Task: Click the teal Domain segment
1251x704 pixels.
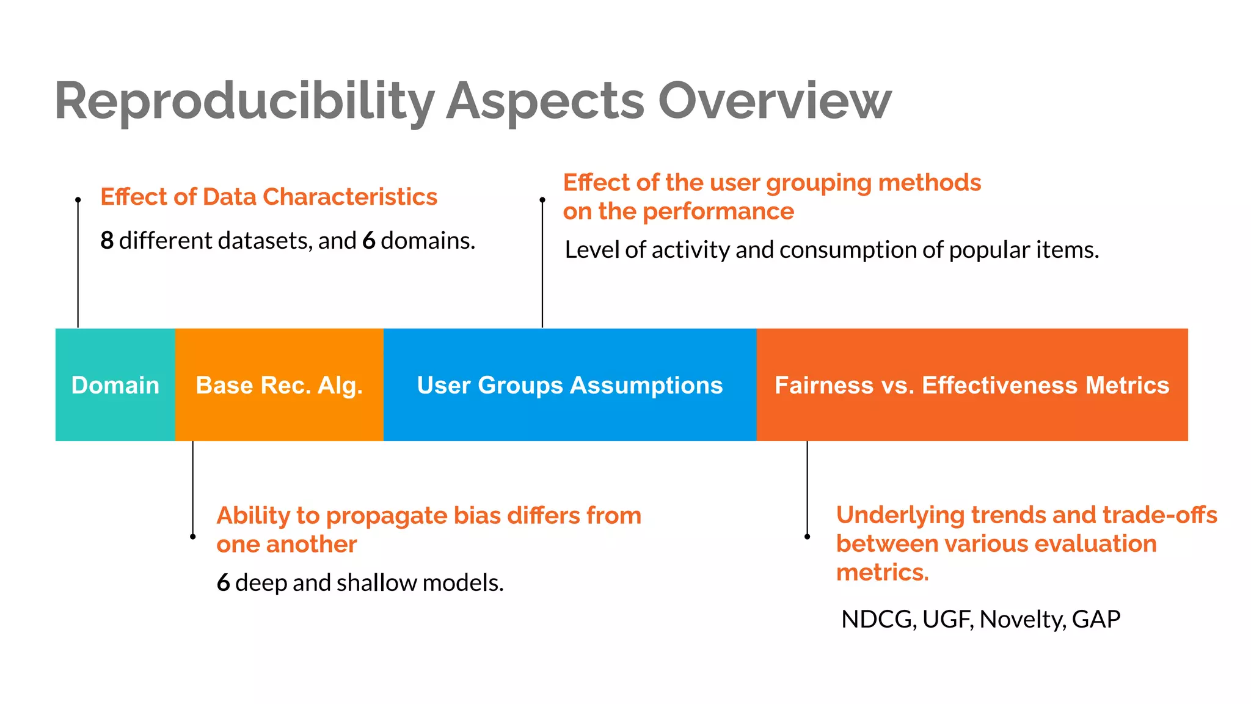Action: coord(115,385)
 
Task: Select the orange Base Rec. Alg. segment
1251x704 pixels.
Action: coord(279,385)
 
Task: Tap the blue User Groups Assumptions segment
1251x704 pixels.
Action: coord(569,385)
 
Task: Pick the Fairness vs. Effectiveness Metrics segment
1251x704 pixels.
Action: coord(971,385)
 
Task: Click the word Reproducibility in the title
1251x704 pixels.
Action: coord(244,101)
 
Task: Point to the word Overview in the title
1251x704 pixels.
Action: coord(774,101)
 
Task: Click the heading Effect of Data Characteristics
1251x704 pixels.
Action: coord(269,197)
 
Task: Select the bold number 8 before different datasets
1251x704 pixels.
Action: coord(107,241)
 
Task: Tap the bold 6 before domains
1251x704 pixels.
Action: coord(368,241)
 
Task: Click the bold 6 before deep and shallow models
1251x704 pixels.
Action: coord(223,583)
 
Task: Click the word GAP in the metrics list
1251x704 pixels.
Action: coord(1096,620)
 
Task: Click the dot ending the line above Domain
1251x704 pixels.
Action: coord(78,200)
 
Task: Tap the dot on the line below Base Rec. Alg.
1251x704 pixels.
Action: coord(193,537)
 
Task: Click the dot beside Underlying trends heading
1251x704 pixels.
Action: coord(807,537)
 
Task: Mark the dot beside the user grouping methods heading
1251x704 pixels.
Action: coord(542,200)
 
